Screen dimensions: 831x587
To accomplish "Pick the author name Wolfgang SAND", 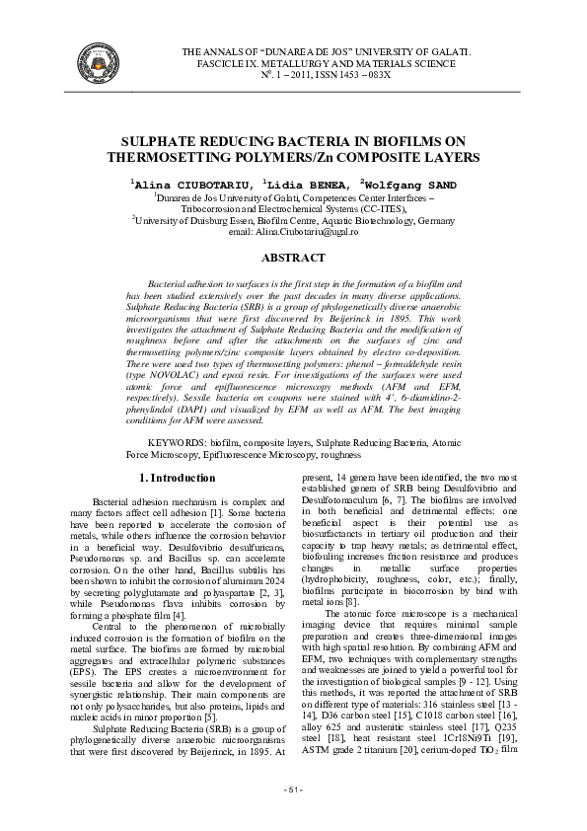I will point(412,185).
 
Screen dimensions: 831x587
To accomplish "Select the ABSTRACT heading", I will point(293,258).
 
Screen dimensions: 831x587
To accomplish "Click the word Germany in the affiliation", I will point(431,222).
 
